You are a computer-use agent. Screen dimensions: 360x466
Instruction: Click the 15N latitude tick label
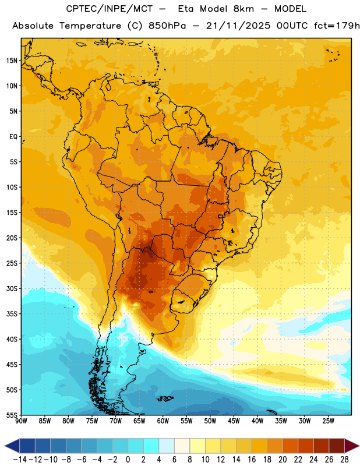click(x=12, y=61)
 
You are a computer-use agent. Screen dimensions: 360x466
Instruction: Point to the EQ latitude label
click(x=13, y=137)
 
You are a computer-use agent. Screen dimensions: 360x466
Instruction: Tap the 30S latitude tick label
click(x=12, y=288)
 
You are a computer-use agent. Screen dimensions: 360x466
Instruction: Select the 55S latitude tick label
click(x=12, y=415)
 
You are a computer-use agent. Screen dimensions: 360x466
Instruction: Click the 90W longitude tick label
click(x=21, y=421)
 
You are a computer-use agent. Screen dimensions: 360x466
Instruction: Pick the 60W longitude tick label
click(x=163, y=421)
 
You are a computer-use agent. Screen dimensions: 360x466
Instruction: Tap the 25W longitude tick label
click(x=328, y=421)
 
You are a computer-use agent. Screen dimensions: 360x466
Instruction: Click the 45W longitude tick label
click(x=234, y=421)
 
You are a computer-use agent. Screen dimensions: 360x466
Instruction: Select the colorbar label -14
click(x=20, y=460)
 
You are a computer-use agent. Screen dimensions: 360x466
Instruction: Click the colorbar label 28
click(x=344, y=460)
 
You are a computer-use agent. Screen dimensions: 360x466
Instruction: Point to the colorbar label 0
click(x=128, y=460)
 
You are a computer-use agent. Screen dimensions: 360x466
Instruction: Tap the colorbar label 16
click(x=252, y=460)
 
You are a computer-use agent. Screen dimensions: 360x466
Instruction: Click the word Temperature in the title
click(x=90, y=26)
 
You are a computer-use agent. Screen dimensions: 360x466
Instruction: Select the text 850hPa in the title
click(x=167, y=26)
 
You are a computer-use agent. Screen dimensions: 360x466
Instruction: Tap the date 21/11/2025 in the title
click(x=238, y=26)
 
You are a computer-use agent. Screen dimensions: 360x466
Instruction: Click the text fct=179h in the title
click(x=337, y=26)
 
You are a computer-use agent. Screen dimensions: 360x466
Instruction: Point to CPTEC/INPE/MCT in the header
click(x=110, y=9)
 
